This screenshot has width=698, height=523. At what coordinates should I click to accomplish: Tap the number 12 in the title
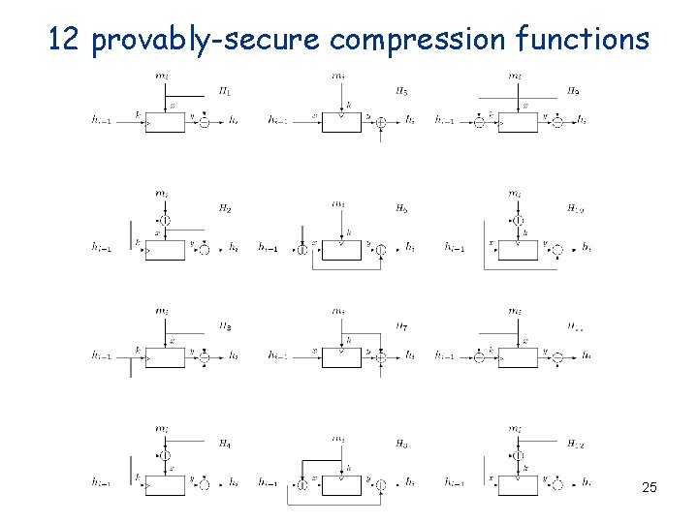pos(65,40)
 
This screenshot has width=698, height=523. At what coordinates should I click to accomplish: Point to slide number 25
pos(649,487)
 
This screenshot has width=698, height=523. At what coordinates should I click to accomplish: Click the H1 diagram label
pos(224,93)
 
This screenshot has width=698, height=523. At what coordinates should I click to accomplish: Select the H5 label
pos(401,93)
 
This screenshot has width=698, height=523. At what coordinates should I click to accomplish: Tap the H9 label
pos(574,93)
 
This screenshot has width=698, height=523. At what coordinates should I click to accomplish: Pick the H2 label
pos(224,208)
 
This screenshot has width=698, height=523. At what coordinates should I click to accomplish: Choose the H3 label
pos(224,327)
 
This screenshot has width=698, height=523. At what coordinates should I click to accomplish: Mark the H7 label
pos(401,327)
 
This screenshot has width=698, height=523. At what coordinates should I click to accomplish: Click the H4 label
pos(224,445)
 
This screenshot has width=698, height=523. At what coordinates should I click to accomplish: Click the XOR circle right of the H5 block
pos(382,122)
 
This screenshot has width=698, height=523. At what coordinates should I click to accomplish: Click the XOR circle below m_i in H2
pos(166,221)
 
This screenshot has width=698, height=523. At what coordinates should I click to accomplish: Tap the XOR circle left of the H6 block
pos(302,250)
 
